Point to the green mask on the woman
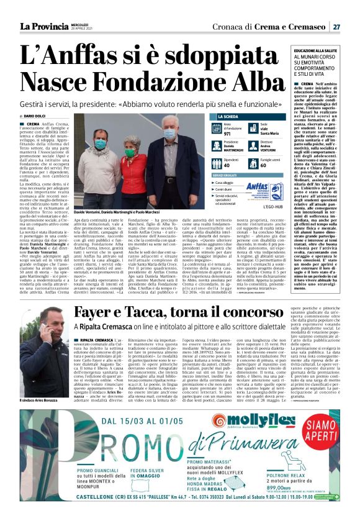[x=130, y=152]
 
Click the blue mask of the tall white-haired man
[x=169, y=134]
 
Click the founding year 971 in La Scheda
[x=227, y=134]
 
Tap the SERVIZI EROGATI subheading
[x=227, y=176]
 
